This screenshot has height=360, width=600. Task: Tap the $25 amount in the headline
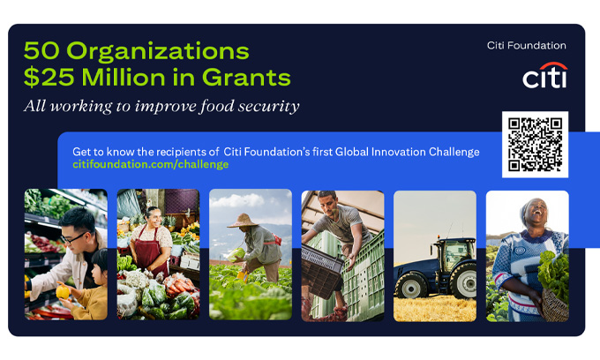pos(49,78)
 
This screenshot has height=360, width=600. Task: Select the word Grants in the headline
pos(246,78)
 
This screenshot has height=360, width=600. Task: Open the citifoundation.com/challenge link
pos(151,164)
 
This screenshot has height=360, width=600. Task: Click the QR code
pos(535,145)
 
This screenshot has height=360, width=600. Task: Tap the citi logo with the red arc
pos(545,75)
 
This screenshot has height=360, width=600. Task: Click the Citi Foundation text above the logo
pos(527,46)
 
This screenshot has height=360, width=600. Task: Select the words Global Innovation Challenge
pos(407,152)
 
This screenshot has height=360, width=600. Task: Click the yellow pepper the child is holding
pos(63,292)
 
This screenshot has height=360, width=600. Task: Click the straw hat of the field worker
pos(243,221)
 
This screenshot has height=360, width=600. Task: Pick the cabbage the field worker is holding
pos(236,254)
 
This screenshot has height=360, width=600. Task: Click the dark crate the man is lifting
pos(321,271)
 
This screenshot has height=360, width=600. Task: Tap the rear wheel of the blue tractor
pos(463,281)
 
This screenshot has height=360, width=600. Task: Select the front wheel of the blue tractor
pos(411,286)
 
